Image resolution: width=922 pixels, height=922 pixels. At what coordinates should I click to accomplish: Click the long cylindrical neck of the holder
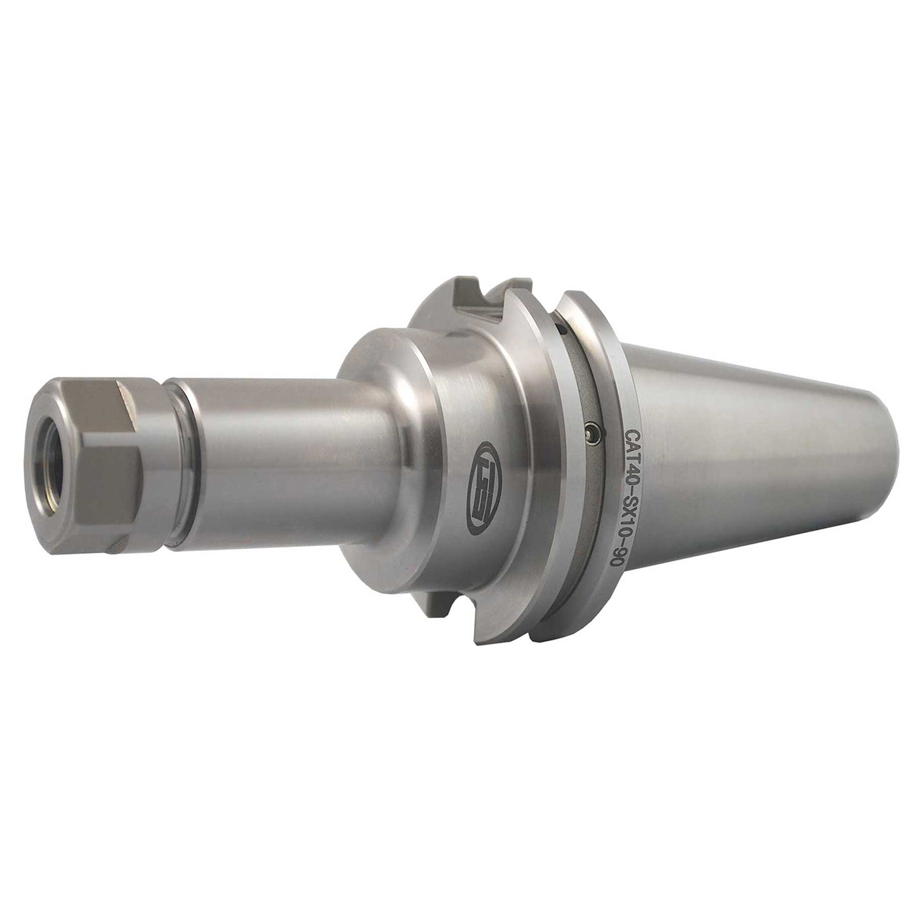click(288, 461)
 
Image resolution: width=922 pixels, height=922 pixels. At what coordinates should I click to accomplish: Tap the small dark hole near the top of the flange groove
click(559, 330)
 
